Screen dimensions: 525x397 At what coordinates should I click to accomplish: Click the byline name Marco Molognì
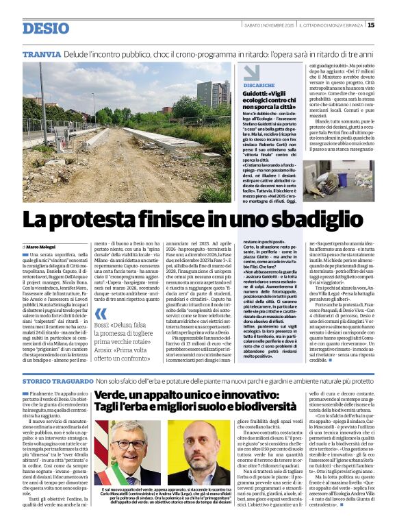click(x=42, y=247)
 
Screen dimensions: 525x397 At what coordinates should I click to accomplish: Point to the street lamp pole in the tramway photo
click(x=93, y=110)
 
